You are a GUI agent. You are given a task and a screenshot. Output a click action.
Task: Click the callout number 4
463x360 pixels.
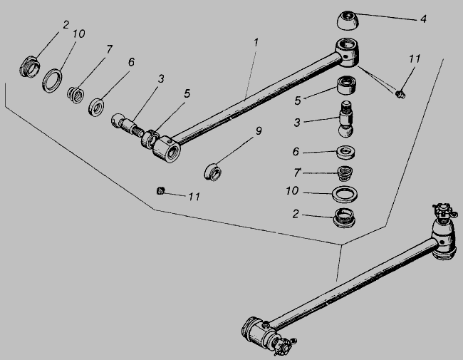423,19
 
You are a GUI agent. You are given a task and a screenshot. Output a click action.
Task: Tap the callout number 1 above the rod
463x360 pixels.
256,42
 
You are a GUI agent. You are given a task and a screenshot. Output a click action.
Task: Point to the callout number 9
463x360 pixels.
259,130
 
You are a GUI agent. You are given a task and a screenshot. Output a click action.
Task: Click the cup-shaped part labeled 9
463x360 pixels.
212,172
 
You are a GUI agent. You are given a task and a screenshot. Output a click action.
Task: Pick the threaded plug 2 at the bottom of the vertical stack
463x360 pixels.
344,217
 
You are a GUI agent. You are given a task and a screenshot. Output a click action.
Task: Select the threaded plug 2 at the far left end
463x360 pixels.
29,67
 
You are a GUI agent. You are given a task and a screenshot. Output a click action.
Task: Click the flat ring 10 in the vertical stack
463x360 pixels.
345,194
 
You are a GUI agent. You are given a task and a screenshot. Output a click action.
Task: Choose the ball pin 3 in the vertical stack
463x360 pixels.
346,119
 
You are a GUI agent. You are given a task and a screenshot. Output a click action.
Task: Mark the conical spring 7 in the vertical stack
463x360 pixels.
345,173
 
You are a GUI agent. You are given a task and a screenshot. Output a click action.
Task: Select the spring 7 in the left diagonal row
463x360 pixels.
76,95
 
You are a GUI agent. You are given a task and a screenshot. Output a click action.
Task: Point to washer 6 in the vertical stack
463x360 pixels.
345,153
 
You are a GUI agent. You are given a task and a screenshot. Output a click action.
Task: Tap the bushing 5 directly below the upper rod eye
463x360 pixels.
346,86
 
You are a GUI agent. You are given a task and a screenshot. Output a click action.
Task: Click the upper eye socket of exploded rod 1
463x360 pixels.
348,52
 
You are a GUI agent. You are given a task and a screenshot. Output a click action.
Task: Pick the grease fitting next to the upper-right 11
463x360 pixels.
400,94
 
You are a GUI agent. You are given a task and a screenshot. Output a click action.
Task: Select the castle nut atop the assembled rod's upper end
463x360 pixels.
443,210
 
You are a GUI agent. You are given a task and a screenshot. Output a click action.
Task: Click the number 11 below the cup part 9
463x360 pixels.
194,196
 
